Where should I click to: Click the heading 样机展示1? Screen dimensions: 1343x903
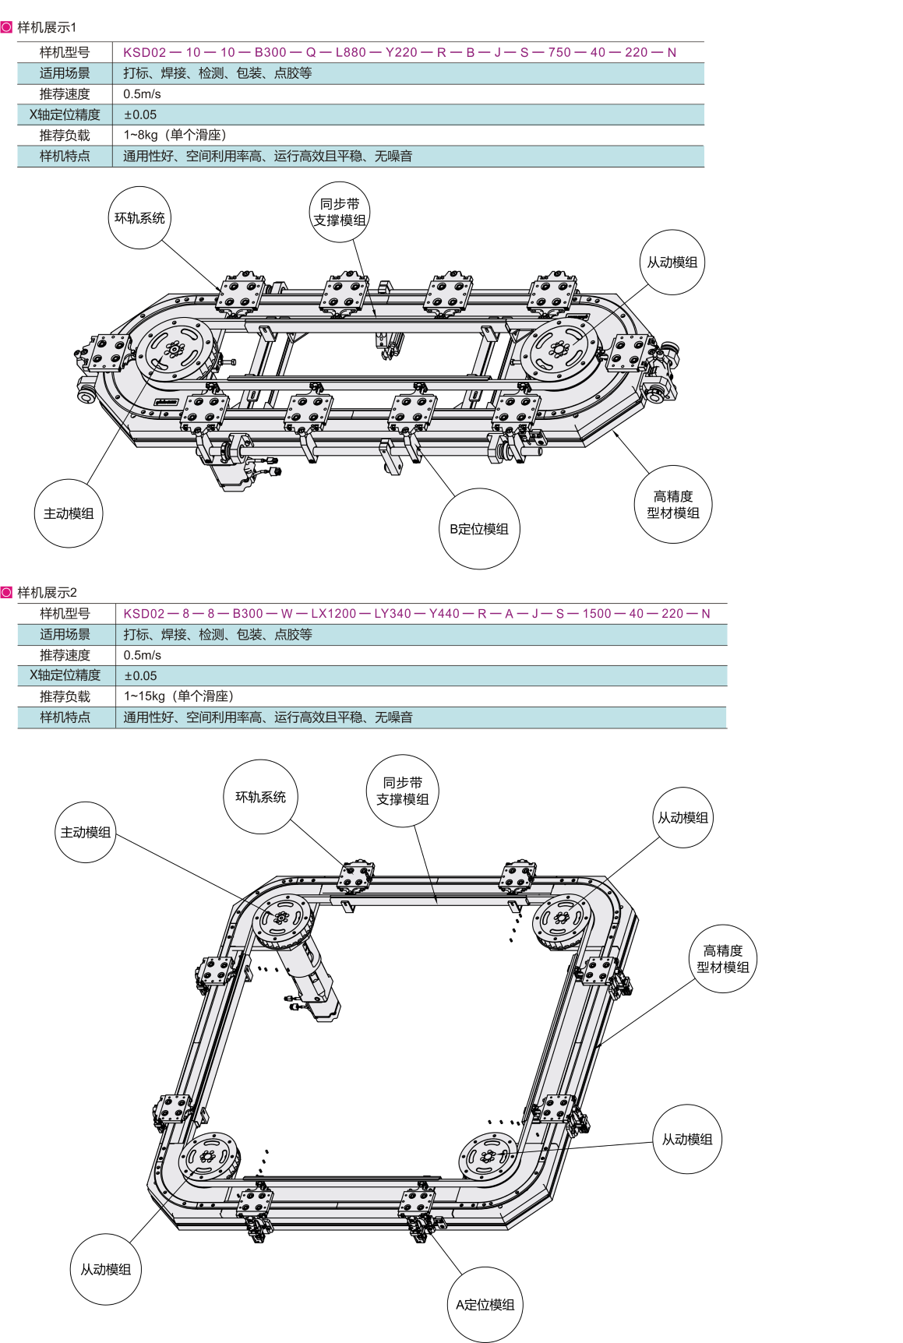pyautogui.click(x=47, y=28)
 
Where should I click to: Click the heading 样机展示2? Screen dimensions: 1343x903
pyautogui.click(x=47, y=592)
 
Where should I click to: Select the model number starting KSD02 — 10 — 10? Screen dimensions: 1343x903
pyautogui.click(x=399, y=52)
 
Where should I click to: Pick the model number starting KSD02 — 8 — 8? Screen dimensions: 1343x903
pyautogui.click(x=416, y=614)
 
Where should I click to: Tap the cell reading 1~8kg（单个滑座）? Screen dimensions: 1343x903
pyautogui.click(x=175, y=136)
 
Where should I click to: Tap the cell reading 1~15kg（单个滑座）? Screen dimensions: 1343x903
pyautogui.click(x=178, y=696)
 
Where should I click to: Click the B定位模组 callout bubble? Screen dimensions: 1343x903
pyautogui.click(x=478, y=529)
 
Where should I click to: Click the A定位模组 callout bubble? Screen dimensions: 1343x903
pyautogui.click(x=485, y=1305)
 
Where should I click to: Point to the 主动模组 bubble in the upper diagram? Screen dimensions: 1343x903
pyautogui.click(x=69, y=513)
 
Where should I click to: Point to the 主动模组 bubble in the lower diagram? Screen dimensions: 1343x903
pyautogui.click(x=86, y=832)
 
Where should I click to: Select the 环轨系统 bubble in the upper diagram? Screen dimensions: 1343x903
pyautogui.click(x=139, y=218)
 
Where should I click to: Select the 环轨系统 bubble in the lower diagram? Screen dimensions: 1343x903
pyautogui.click(x=260, y=797)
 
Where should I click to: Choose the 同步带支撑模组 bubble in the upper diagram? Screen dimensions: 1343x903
pyautogui.click(x=339, y=212)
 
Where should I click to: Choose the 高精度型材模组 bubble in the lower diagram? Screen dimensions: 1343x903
pyautogui.click(x=722, y=959)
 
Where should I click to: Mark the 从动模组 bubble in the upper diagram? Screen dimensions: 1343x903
pyautogui.click(x=672, y=263)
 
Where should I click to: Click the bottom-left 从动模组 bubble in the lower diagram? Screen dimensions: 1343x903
pyautogui.click(x=106, y=1270)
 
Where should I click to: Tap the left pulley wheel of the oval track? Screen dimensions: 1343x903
pyautogui.click(x=175, y=353)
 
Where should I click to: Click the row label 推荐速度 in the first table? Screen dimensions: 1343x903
pyautogui.click(x=65, y=94)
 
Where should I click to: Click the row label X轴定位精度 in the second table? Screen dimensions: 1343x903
pyautogui.click(x=65, y=675)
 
